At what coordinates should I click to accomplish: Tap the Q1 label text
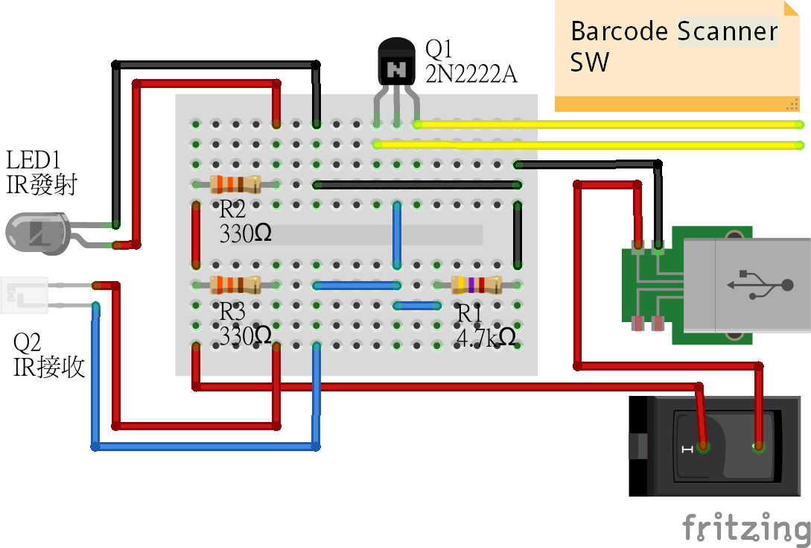[439, 50]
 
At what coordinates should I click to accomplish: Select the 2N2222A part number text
[471, 74]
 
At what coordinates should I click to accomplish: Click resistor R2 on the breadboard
[235, 184]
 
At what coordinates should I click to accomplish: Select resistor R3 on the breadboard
[235, 284]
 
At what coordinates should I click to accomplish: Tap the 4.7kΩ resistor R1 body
[477, 284]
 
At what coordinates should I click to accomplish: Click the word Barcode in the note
[620, 32]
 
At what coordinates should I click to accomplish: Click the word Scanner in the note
[727, 32]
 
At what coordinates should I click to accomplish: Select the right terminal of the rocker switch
[759, 447]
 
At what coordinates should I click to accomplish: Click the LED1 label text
[33, 160]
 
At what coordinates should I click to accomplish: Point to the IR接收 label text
[49, 366]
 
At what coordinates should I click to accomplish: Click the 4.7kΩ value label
[486, 338]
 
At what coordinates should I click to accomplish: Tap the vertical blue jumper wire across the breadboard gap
[398, 235]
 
